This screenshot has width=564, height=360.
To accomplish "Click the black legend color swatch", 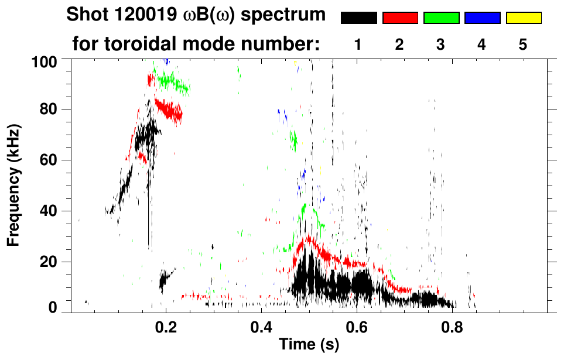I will click(x=358, y=18).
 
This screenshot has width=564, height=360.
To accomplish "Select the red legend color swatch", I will click(x=400, y=18).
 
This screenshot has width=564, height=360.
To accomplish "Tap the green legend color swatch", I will click(x=441, y=18).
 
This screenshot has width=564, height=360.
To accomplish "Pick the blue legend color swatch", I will click(x=482, y=18).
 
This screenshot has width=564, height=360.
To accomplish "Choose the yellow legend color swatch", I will click(x=524, y=18).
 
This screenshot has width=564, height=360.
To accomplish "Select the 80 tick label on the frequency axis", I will click(x=48, y=109).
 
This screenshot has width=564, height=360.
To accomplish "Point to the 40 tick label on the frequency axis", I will click(x=48, y=211).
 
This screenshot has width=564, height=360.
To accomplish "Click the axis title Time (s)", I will click(x=309, y=345).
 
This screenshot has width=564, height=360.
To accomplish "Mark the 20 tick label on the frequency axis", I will click(x=48, y=262).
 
